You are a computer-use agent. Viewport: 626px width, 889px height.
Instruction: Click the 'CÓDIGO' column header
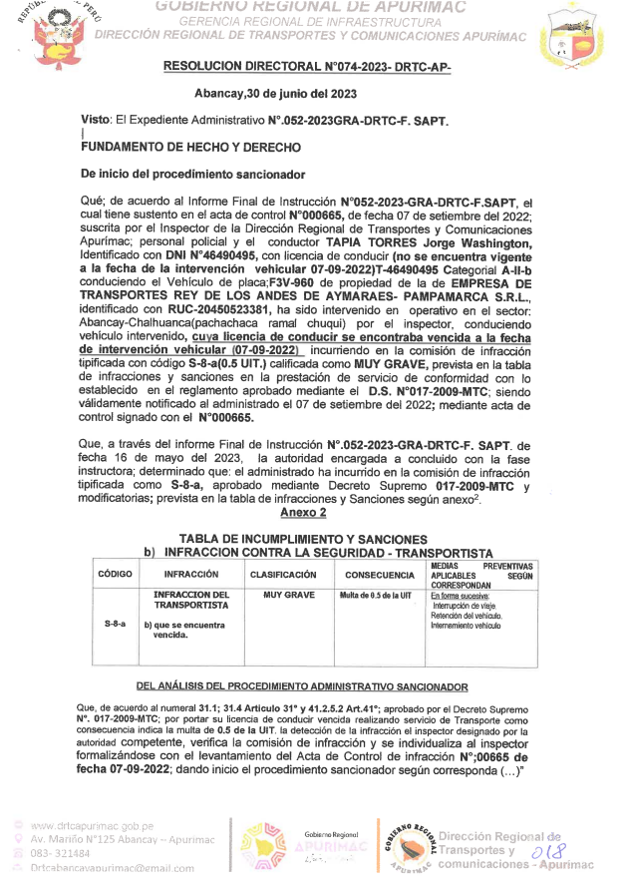115,575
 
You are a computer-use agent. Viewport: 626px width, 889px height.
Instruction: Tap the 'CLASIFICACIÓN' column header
283,575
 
